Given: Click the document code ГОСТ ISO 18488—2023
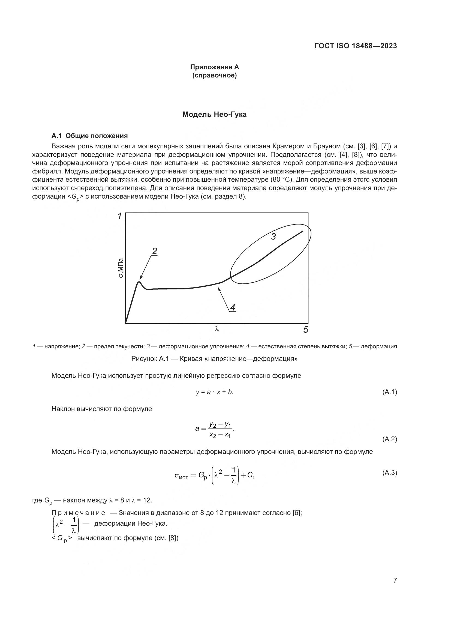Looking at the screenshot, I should (356, 46).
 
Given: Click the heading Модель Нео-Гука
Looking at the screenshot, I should (214, 115).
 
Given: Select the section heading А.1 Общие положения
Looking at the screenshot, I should (89, 136).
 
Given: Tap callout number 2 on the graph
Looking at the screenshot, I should (154, 251).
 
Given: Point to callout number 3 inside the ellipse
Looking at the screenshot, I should (273, 237).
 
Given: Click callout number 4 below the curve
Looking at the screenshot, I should (232, 307).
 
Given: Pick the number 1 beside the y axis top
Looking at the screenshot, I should (120, 216).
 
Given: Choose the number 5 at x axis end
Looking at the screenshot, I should (305, 330).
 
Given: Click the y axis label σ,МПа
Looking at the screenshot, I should (121, 268).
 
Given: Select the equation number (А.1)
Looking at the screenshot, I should (389, 392).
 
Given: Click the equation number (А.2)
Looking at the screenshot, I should (389, 439).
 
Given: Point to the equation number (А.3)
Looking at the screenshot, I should (389, 473).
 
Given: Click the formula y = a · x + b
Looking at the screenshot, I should (214, 392).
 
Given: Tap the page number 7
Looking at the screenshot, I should (395, 580).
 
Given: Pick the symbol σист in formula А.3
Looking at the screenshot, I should (181, 476).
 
